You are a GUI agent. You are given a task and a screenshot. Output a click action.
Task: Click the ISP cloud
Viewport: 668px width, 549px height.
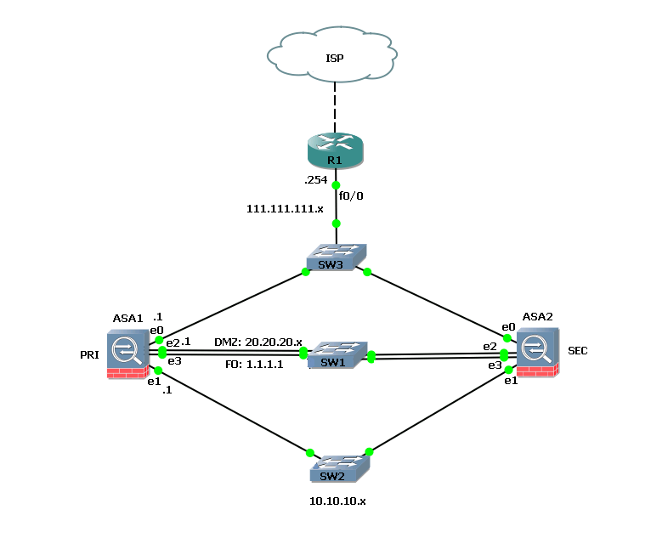[335, 57]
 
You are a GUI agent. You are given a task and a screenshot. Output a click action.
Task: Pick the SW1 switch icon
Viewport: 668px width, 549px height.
[337, 354]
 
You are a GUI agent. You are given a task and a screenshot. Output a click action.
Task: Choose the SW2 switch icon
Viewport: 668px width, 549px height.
[339, 466]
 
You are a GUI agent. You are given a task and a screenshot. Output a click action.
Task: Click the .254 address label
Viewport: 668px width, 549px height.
[315, 180]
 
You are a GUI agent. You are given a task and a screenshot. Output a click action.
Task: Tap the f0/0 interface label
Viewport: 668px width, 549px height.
[351, 195]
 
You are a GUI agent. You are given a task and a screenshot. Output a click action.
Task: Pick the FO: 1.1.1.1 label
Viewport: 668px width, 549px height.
[254, 364]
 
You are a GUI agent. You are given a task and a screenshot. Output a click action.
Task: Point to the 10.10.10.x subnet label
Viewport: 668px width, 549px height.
[337, 501]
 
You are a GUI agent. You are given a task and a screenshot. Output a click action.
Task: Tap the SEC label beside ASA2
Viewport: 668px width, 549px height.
[578, 351]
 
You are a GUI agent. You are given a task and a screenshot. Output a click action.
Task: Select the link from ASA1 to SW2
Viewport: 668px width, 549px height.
[234, 411]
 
